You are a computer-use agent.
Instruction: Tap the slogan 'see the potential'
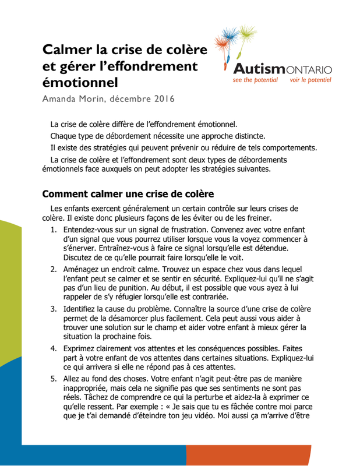click(x=255, y=80)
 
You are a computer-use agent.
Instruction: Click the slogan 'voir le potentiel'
click(x=310, y=80)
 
